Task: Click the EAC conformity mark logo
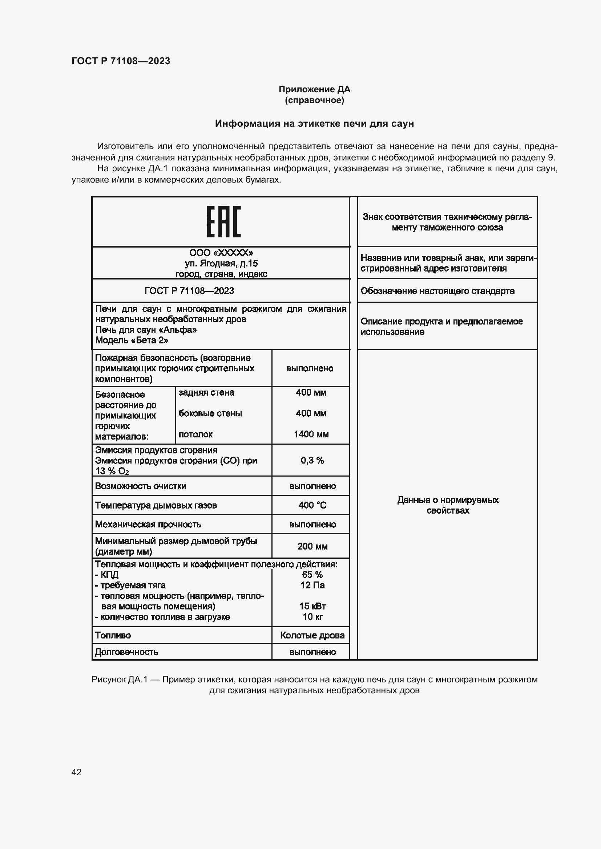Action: (x=223, y=221)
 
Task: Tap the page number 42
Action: (x=76, y=772)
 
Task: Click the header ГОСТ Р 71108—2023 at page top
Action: (x=121, y=61)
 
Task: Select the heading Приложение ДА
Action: (x=314, y=89)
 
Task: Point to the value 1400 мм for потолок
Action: (x=311, y=434)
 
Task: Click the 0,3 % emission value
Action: (x=312, y=460)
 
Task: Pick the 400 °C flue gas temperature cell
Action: (x=312, y=505)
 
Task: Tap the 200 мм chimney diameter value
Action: (x=312, y=546)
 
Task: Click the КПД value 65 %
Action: (x=312, y=575)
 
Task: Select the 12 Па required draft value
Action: (x=312, y=585)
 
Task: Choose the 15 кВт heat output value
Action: (x=312, y=606)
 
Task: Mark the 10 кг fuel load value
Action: (x=312, y=616)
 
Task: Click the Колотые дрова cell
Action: (x=312, y=635)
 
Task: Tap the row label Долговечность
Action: (x=126, y=652)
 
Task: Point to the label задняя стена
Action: (x=206, y=392)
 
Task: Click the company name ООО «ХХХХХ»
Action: (x=221, y=253)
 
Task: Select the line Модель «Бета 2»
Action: (x=132, y=340)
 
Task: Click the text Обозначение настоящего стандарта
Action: (x=437, y=291)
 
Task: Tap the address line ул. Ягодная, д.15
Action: (x=221, y=263)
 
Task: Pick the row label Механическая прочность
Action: (x=148, y=524)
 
